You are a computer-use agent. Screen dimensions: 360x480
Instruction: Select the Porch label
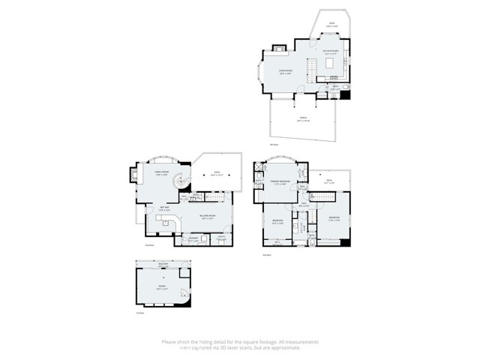click(x=303, y=118)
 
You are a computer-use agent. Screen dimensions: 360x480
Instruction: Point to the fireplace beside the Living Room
click(x=279, y=50)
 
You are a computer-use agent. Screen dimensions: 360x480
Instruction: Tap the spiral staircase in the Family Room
click(x=179, y=183)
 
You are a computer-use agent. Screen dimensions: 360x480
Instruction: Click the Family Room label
click(x=161, y=172)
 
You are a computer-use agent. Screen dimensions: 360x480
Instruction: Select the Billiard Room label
click(x=208, y=216)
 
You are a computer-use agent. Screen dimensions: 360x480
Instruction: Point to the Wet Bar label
click(x=164, y=208)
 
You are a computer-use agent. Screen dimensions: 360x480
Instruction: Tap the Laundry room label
click(x=193, y=239)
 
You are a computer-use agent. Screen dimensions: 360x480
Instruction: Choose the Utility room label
click(x=222, y=239)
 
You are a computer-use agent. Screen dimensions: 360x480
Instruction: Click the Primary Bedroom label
click(x=281, y=182)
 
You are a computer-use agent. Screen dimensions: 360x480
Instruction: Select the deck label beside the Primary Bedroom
click(x=328, y=181)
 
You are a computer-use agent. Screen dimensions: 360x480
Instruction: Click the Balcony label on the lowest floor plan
click(x=164, y=264)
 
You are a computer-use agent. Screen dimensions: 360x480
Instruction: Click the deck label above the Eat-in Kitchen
click(x=331, y=24)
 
